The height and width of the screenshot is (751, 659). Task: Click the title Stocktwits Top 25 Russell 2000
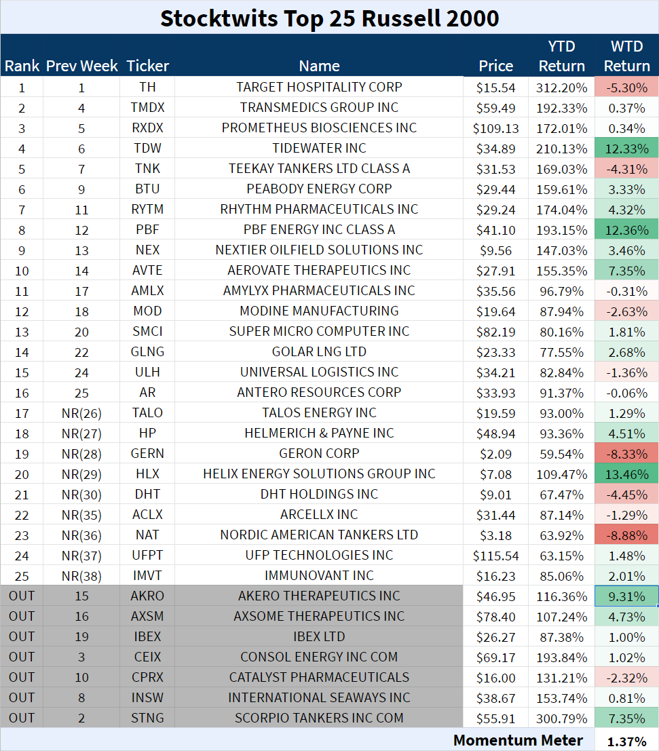pos(329,18)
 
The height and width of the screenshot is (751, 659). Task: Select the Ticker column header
pos(147,66)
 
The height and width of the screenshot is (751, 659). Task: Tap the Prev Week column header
pos(81,66)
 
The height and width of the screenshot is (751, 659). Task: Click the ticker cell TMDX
pos(147,108)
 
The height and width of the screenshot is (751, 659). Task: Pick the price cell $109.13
pos(495,128)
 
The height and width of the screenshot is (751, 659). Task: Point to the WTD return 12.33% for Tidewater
pos(626,149)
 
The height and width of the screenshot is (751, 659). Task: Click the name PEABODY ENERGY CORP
pos(319,189)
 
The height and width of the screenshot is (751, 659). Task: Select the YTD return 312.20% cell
pos(561,88)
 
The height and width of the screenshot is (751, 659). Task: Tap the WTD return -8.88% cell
pos(626,535)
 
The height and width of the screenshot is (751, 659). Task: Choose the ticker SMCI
pos(147,332)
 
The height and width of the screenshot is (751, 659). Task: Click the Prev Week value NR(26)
pos(81,413)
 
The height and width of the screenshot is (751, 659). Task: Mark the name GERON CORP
pos(319,454)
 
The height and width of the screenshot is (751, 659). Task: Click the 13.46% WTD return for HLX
pos(626,474)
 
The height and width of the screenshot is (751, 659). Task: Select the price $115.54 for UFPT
pos(495,556)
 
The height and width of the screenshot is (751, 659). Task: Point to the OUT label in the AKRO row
pos(22,596)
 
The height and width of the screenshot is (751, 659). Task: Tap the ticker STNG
pos(147,718)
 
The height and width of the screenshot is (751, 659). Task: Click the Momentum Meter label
pos(518,740)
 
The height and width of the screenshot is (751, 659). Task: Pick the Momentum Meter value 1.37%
pos(626,741)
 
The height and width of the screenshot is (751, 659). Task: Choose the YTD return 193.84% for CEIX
pos(561,657)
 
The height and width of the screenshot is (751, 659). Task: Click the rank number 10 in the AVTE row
pos(22,271)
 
